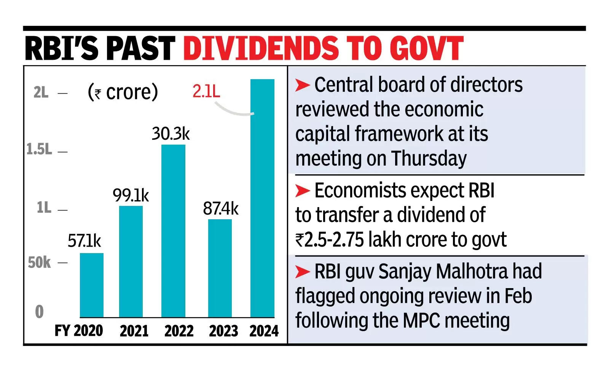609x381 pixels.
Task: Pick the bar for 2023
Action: [220, 268]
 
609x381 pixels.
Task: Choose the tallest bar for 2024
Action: [262, 198]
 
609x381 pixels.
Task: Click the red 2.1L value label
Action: [206, 91]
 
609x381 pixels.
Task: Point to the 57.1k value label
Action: [84, 241]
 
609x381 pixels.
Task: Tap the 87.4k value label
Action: [220, 209]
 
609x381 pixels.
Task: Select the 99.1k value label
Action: [131, 196]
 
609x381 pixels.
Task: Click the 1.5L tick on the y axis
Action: [39, 150]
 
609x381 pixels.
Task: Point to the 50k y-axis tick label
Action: [39, 263]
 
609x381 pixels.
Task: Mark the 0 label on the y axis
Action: [39, 312]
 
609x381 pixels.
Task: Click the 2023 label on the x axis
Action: [223, 331]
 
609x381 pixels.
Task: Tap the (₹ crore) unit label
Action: [123, 92]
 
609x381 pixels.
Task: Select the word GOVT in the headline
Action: [426, 49]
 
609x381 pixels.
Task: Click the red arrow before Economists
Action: [303, 191]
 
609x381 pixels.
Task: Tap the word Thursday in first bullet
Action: [429, 158]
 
